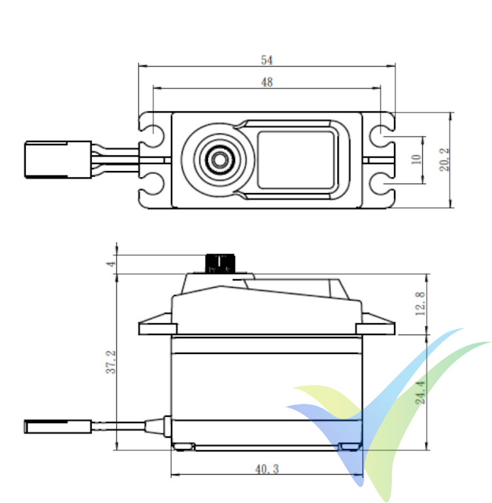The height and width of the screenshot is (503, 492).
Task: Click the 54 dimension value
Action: pos(266,60)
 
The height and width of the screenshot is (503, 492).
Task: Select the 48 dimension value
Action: pos(266,82)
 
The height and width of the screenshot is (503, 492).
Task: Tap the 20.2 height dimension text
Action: pos(444,160)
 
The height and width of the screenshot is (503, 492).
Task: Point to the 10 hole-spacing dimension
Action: pos(415,160)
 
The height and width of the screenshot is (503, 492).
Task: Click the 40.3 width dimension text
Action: pos(265,469)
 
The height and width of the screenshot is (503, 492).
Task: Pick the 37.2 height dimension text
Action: pos(110,360)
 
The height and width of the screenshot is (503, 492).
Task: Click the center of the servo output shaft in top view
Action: pos(219,160)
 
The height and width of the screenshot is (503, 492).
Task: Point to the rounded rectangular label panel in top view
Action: pos(295,160)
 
